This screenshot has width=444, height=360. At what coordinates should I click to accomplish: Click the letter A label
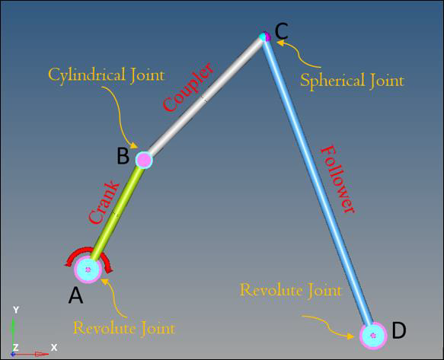[75, 295]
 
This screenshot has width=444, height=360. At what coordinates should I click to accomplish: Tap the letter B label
[123, 156]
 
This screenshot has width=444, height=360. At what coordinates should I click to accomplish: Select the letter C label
[282, 31]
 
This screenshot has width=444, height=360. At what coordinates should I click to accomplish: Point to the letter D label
[399, 330]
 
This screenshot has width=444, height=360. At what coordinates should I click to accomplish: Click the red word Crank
[104, 202]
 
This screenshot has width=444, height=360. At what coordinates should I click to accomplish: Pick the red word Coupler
[188, 87]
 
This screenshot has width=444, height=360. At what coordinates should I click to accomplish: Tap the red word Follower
[337, 180]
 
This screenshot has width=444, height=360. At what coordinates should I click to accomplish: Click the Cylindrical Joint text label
[106, 75]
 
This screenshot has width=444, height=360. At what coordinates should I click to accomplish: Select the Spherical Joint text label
[352, 81]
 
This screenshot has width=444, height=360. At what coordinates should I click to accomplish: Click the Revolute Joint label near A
[124, 328]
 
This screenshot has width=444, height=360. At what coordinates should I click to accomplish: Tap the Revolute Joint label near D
[290, 290]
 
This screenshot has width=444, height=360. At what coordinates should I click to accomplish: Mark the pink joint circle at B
[144, 160]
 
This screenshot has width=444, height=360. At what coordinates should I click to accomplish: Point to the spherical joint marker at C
[265, 37]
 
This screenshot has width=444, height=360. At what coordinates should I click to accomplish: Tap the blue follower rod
[318, 182]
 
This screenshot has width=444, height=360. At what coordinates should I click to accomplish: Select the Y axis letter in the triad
[16, 311]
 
